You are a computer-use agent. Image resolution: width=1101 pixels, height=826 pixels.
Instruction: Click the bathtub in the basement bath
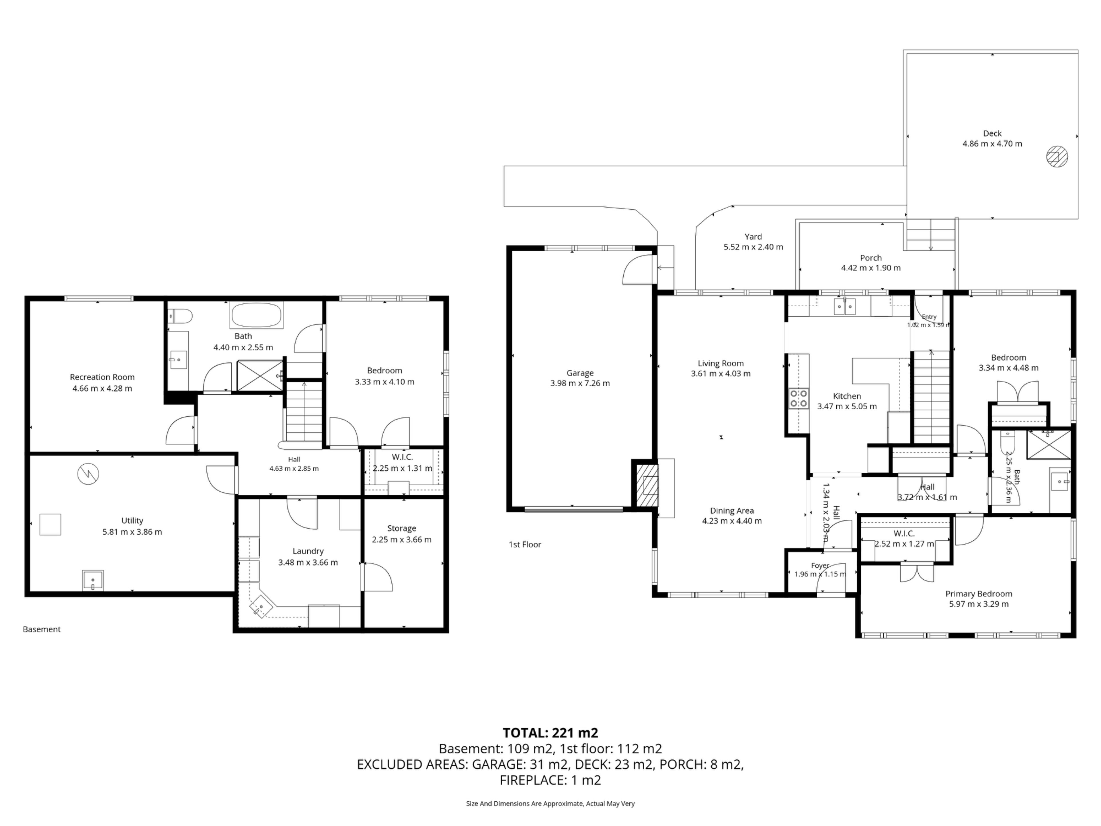[x=256, y=315]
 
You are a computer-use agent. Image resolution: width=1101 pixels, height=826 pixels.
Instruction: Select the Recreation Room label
[x=102, y=377]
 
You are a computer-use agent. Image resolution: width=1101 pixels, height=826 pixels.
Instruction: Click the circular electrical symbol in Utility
[x=88, y=474]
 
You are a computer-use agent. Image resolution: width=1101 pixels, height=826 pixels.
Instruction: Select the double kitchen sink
[x=845, y=307]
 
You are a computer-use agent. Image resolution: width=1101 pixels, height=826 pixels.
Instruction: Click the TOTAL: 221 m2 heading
[x=550, y=733]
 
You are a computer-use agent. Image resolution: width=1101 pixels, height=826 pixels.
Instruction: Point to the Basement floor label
[x=42, y=629]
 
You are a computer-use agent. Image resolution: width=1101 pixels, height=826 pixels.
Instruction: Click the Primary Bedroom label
[x=979, y=593]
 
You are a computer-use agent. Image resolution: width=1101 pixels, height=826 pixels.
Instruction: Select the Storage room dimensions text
[x=402, y=539]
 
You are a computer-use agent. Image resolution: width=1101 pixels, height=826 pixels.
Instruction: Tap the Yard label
[x=753, y=237]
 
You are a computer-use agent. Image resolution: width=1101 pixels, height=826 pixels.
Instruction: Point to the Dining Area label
[x=732, y=510]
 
